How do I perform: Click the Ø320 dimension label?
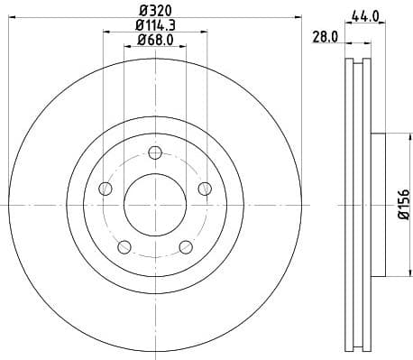155,11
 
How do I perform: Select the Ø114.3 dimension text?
155,25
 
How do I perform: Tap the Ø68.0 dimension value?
155,40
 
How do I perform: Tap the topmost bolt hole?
156,152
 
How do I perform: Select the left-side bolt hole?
105,189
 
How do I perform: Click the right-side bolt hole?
206,189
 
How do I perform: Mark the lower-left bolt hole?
124,247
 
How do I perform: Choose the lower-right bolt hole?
187,247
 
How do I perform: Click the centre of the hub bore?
156,205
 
